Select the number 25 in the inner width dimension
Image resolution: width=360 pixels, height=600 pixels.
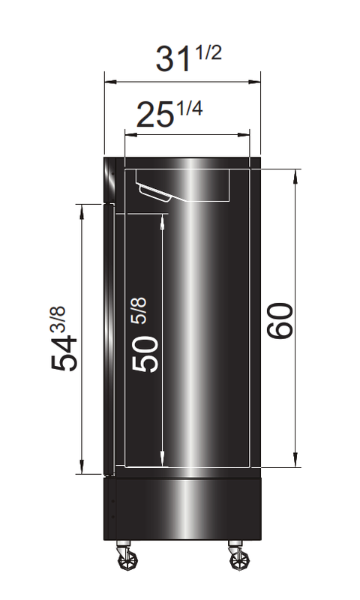[x=154, y=117]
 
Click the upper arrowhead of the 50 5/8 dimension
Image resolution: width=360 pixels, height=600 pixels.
[x=163, y=220]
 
